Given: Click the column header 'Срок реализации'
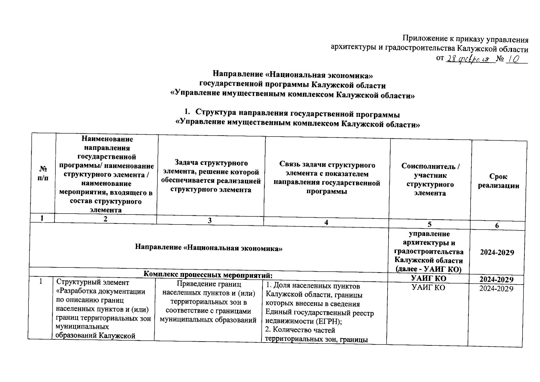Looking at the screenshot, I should point(498,181).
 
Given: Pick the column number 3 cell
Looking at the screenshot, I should point(210,221).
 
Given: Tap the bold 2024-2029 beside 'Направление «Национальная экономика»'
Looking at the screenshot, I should point(497,252).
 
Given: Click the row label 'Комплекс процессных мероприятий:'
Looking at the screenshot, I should point(208,274).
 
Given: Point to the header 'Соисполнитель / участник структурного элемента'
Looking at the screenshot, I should point(430,180).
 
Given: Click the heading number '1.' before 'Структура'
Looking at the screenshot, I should point(188,113).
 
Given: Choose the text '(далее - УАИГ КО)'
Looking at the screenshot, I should point(428,269).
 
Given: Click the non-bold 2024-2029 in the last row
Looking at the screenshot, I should point(496,289).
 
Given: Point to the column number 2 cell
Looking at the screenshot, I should point(106,219).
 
